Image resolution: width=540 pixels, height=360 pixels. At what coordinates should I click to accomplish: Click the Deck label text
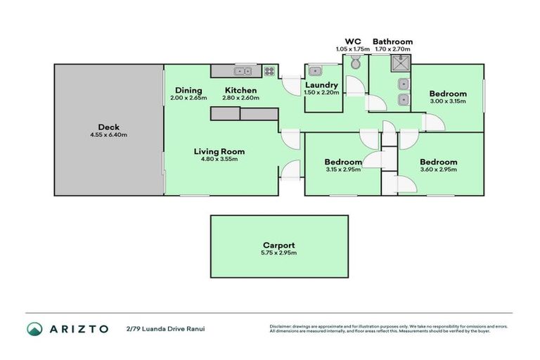(108, 127)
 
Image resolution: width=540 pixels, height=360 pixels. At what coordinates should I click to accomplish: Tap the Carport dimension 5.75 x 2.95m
(279, 253)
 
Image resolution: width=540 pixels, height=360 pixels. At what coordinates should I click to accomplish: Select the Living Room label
(219, 150)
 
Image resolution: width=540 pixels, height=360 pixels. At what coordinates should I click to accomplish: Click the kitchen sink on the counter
(244, 70)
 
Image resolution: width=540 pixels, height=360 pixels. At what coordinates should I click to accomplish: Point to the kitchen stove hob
(269, 70)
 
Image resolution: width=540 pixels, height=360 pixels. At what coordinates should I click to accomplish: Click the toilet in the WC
(355, 65)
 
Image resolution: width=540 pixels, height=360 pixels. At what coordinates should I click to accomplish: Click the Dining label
(188, 90)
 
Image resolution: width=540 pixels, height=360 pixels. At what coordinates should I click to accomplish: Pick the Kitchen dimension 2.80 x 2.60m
(240, 98)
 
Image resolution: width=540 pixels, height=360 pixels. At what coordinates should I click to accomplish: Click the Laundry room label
(321, 84)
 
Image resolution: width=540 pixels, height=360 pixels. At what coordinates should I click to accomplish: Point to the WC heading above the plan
(353, 41)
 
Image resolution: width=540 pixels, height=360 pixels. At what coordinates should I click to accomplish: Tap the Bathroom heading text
(392, 41)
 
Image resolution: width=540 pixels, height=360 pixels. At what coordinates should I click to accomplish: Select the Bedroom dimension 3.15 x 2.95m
(343, 169)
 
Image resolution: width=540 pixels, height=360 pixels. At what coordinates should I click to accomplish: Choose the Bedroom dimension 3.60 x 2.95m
(438, 169)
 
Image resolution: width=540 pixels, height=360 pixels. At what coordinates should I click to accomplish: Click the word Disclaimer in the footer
(283, 326)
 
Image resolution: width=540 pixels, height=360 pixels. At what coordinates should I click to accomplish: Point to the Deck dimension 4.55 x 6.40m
(108, 135)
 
